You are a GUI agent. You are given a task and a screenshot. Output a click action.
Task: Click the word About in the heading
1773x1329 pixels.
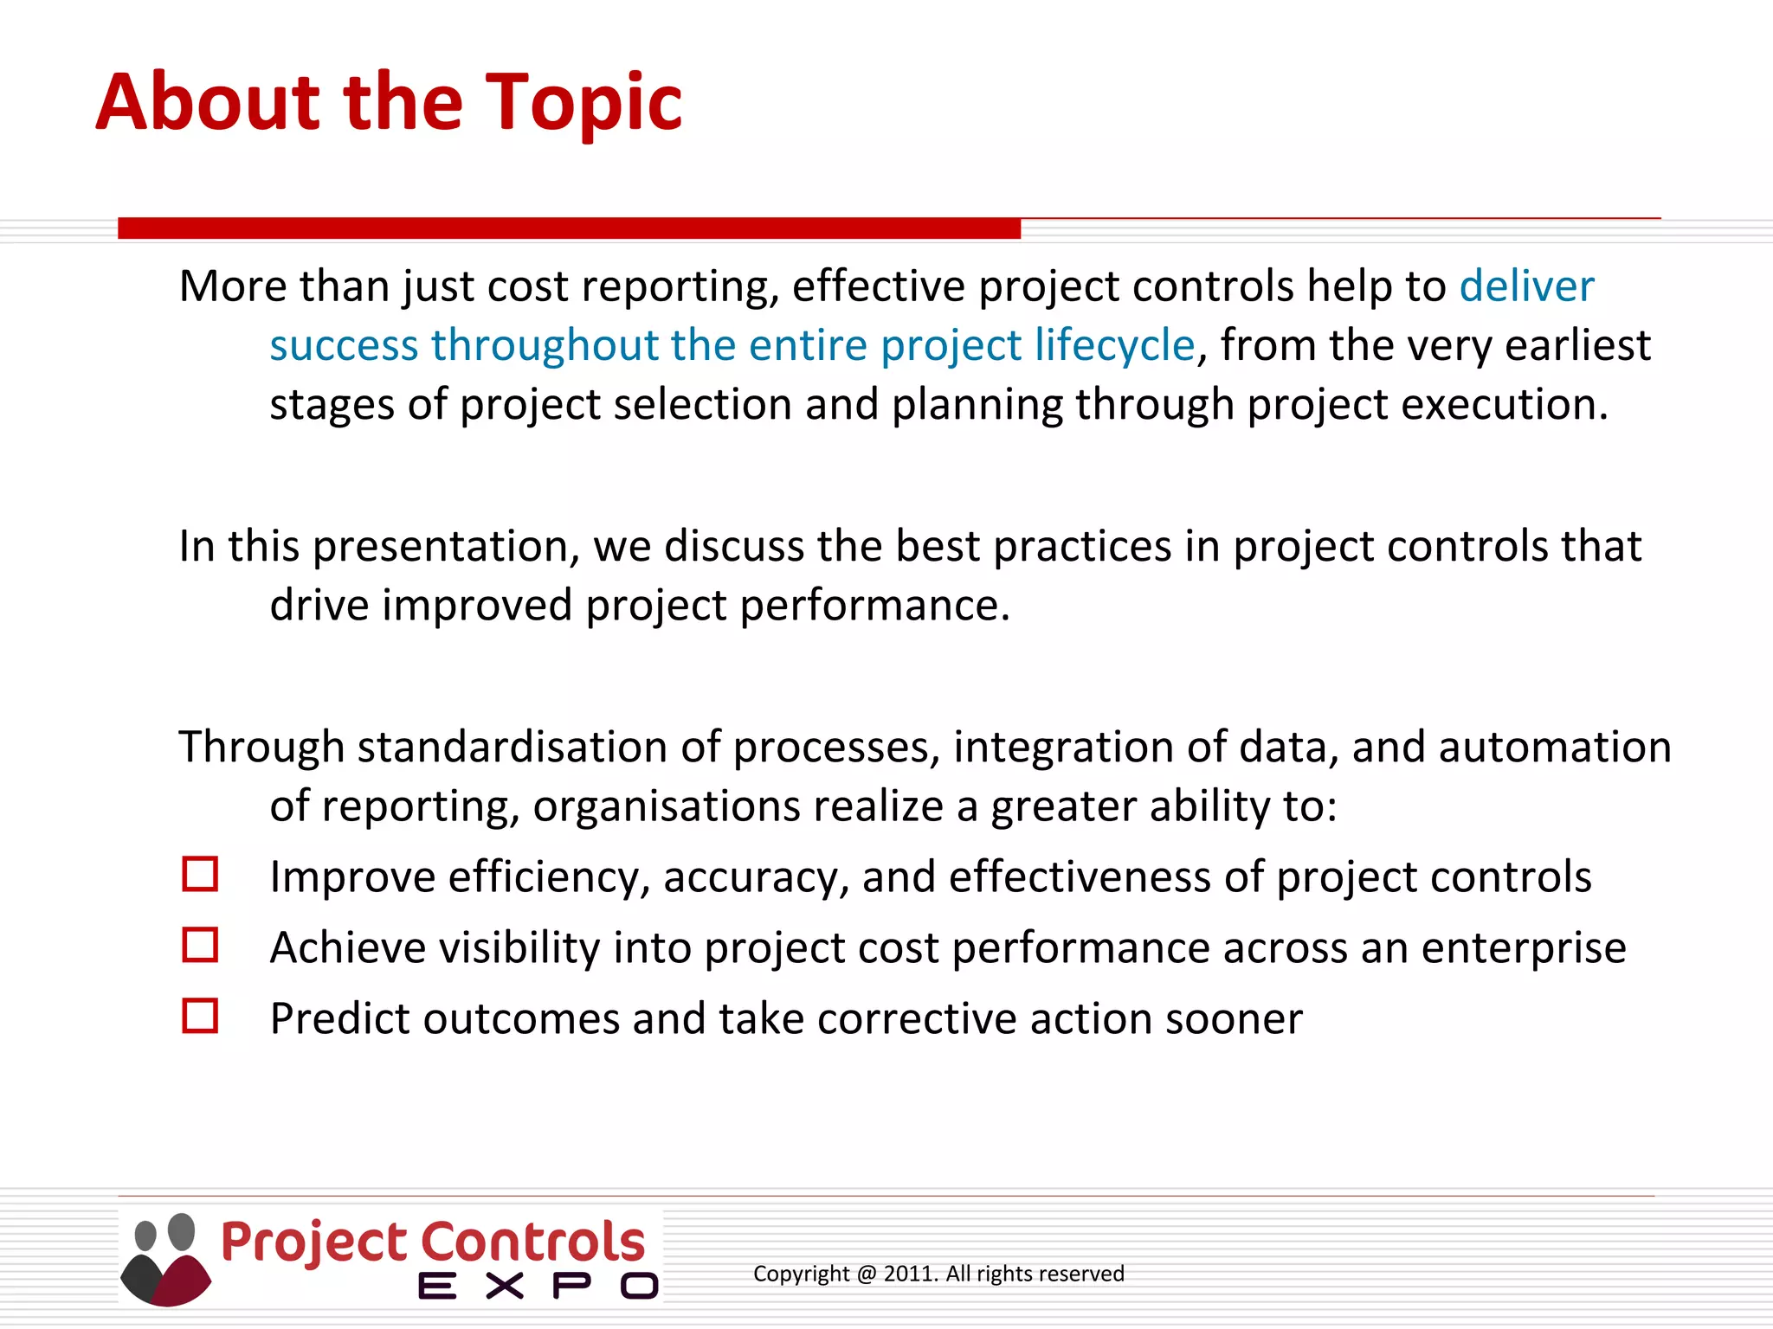(207, 102)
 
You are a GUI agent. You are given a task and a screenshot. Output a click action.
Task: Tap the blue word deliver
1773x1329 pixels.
(1526, 286)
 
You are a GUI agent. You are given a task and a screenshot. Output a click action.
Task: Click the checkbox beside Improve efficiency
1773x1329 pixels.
(200, 874)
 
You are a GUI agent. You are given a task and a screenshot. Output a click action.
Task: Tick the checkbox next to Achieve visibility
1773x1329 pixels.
(200, 945)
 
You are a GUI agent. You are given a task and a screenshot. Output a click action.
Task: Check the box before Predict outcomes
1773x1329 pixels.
(200, 1016)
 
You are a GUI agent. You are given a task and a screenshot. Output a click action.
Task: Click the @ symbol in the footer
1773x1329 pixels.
(867, 1274)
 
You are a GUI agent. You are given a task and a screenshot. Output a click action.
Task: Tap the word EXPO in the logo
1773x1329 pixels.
(538, 1287)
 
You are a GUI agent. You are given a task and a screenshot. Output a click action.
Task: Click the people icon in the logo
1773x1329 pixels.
(165, 1259)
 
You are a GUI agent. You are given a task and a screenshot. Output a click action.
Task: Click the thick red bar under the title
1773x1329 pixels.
(569, 228)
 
